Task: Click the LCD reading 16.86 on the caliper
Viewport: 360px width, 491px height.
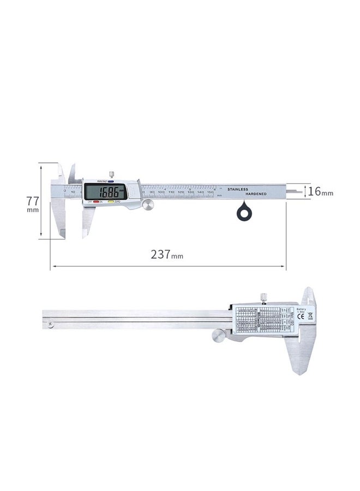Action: [106, 191]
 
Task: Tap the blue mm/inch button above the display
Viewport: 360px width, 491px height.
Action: [111, 181]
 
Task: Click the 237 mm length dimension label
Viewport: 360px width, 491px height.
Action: [167, 254]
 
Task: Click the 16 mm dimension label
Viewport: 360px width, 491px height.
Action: [320, 191]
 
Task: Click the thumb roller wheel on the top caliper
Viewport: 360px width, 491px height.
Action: [148, 204]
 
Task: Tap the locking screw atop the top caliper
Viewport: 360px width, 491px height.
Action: [111, 175]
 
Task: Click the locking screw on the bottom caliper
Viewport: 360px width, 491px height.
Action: [263, 297]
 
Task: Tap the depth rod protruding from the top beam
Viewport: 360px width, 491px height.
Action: [295, 191]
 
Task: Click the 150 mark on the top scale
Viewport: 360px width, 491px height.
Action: [209, 193]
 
